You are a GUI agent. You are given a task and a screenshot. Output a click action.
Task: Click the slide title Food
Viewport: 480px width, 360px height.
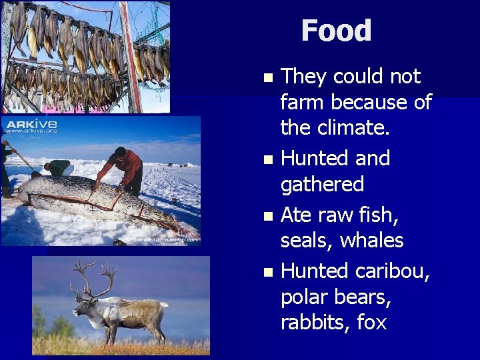(336, 31)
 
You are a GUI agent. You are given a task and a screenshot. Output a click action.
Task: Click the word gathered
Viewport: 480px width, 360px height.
(322, 184)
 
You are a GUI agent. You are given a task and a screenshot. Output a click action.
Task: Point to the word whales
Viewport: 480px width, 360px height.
(372, 240)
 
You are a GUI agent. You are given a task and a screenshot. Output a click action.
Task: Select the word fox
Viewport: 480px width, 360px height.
(372, 323)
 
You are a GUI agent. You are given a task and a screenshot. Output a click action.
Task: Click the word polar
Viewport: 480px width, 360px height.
(305, 297)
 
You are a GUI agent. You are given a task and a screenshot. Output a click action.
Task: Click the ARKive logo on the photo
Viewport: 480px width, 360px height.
(31, 125)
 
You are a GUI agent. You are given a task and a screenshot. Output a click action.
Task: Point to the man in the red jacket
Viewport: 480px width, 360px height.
(124, 167)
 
